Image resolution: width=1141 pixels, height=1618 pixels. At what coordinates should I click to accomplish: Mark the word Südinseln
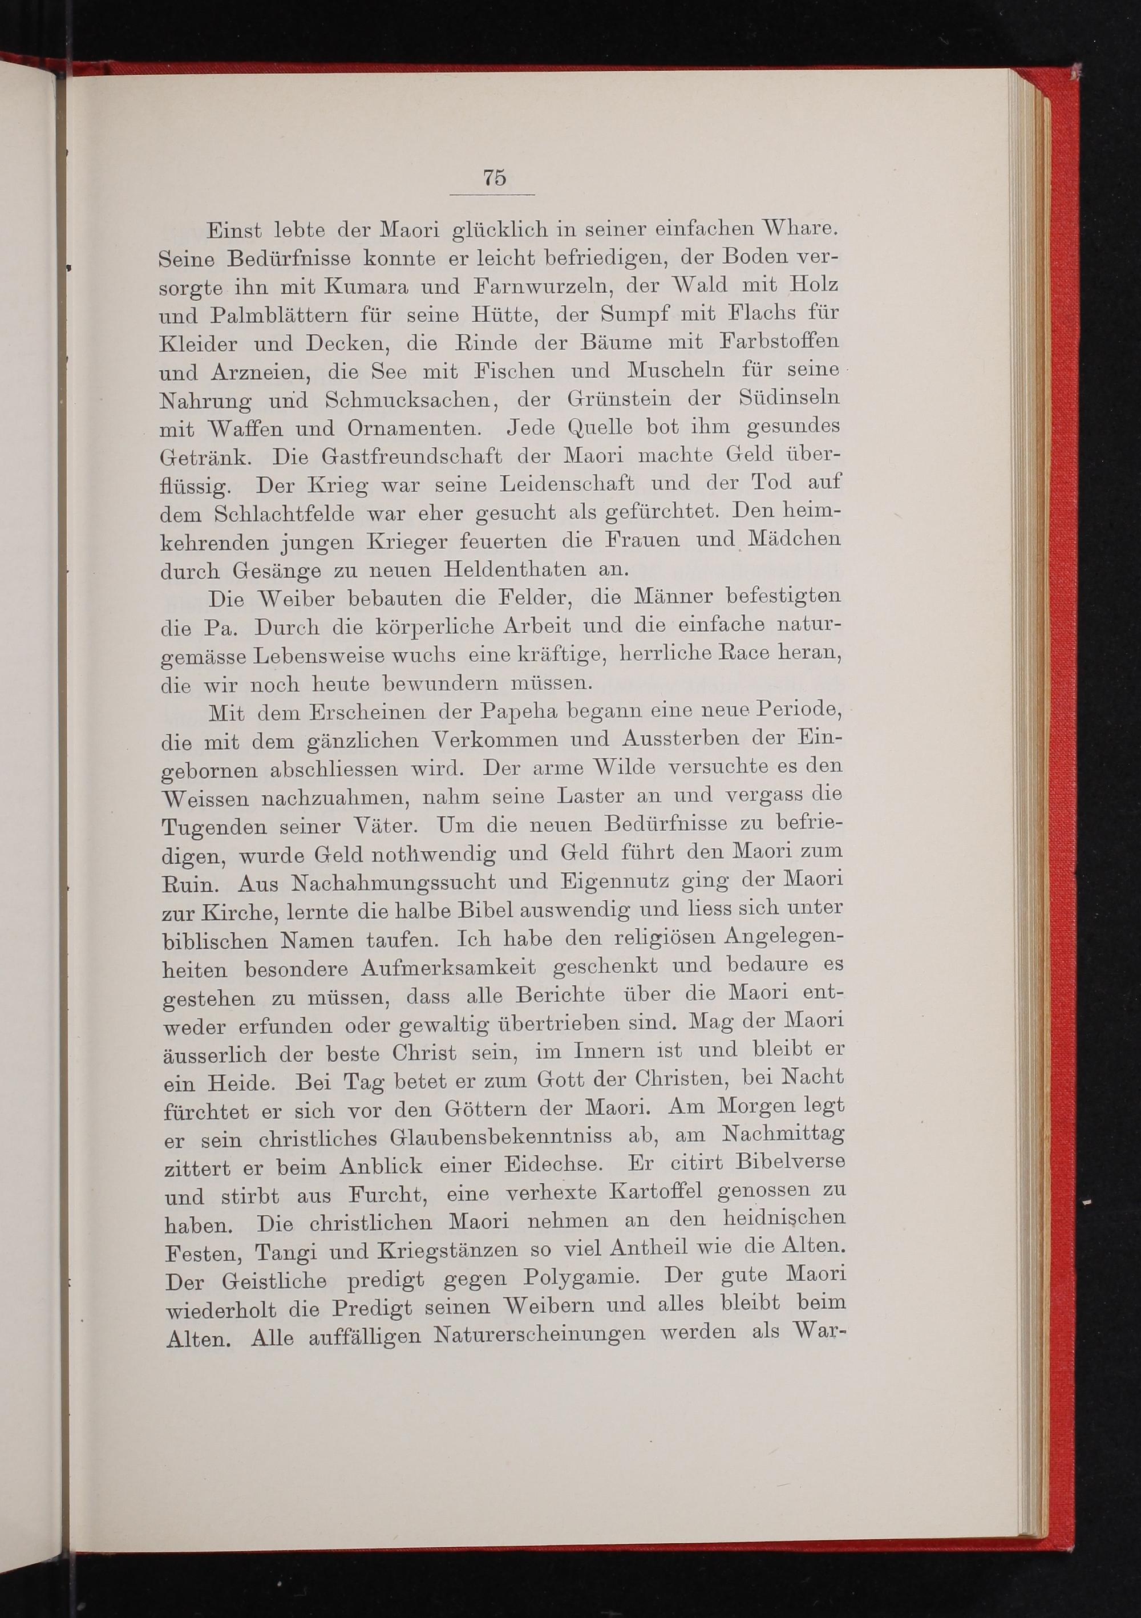[790, 398]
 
